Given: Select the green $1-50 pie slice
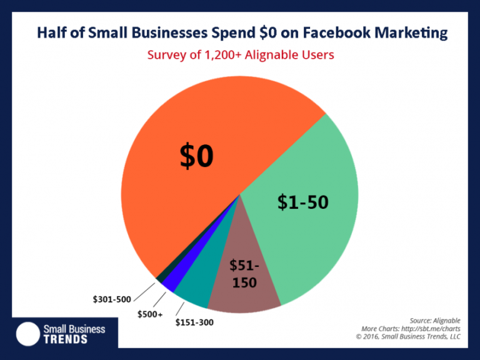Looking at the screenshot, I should (x=300, y=219).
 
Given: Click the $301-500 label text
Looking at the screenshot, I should (x=112, y=301).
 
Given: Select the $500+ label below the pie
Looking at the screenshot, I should (x=150, y=314).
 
